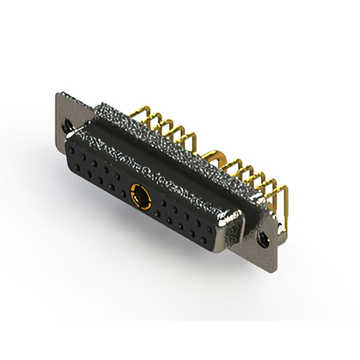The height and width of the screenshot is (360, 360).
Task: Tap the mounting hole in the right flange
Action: tap(262, 240)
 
